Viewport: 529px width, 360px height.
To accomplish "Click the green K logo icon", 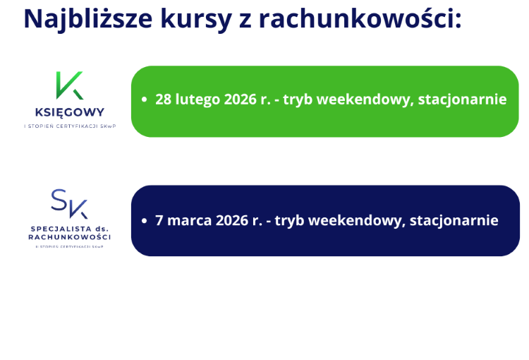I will tap(69, 86).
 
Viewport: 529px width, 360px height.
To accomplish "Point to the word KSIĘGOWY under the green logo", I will tap(69, 112).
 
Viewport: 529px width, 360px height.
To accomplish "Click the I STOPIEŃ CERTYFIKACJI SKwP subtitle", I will tap(69, 126).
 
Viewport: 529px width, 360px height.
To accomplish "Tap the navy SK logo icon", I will tap(69, 204).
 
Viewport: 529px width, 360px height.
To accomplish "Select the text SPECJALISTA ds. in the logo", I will tap(69, 229).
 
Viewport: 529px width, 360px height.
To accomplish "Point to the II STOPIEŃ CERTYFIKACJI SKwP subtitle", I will tap(69, 246).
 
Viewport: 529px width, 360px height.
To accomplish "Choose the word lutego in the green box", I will tap(198, 100).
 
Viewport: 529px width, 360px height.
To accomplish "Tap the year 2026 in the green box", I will tap(241, 100).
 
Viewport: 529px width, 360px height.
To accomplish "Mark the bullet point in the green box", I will tap(145, 100).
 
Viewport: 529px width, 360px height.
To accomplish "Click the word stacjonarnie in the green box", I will tap(462, 100).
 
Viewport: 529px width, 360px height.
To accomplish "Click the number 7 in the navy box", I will tap(159, 220).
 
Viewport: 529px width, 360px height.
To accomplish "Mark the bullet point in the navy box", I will tap(145, 221).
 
